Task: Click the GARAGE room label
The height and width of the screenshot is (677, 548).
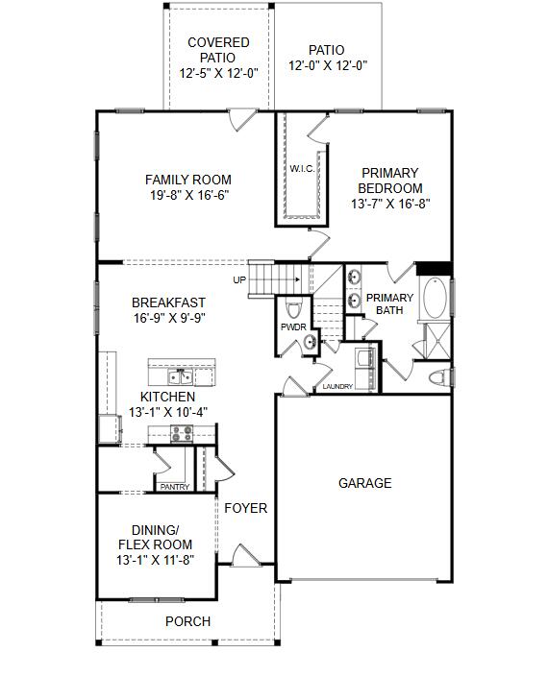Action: (x=364, y=483)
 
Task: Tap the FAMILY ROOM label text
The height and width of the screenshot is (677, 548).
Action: (x=188, y=180)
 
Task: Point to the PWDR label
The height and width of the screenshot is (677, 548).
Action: (x=292, y=327)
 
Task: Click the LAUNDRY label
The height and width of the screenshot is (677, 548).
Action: (x=337, y=387)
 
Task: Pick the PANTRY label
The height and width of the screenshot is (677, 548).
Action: (x=174, y=487)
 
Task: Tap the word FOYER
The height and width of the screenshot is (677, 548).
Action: (x=246, y=508)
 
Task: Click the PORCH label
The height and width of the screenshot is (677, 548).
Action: (x=187, y=621)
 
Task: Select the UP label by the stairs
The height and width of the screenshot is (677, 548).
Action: (x=239, y=280)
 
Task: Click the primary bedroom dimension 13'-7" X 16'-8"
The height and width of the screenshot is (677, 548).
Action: (x=389, y=204)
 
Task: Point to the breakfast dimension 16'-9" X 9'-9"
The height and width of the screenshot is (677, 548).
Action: (x=168, y=318)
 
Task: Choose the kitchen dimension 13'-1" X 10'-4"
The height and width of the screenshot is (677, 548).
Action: (x=168, y=411)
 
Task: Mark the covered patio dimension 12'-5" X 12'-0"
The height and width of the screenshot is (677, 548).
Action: (x=218, y=73)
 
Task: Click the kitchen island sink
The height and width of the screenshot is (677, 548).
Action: (x=180, y=375)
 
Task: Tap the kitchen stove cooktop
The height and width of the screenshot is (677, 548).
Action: (x=182, y=434)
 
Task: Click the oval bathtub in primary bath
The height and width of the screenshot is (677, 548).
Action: (x=436, y=299)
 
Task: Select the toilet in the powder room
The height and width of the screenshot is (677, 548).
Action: (x=293, y=308)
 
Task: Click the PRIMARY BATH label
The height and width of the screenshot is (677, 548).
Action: (x=388, y=304)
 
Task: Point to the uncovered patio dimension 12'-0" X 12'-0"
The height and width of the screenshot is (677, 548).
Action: (x=328, y=66)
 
